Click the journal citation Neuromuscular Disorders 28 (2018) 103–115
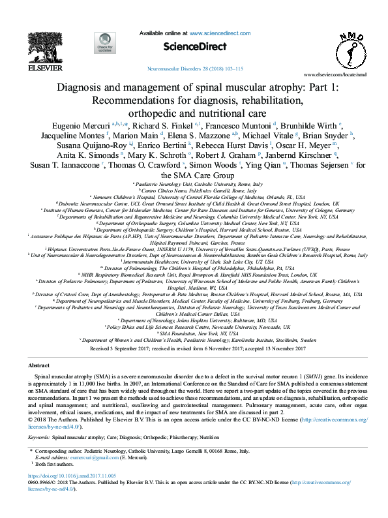click(x=194, y=68)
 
